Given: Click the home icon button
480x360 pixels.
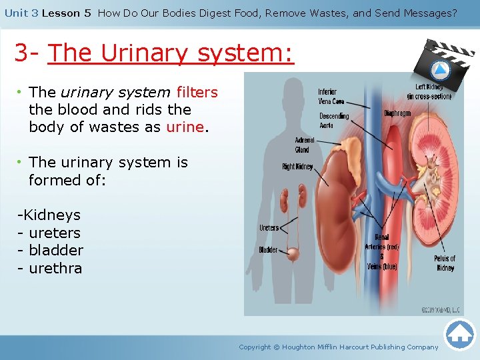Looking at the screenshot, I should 459,334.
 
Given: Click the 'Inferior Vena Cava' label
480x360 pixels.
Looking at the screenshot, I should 331,97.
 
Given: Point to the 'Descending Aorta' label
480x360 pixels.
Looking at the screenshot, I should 334,121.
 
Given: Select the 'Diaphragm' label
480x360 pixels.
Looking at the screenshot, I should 398,113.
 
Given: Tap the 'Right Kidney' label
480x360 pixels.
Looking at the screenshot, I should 297,167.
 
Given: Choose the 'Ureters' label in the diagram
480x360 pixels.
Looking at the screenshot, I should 269,228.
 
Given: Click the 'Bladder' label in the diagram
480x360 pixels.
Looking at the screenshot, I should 268,250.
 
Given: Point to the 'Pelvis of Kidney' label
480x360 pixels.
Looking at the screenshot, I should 445,263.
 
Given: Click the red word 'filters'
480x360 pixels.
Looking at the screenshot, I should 197,92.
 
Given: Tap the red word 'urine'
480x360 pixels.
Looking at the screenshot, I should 185,127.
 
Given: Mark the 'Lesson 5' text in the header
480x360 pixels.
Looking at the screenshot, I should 66,13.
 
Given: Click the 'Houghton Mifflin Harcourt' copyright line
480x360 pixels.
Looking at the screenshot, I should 339,347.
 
